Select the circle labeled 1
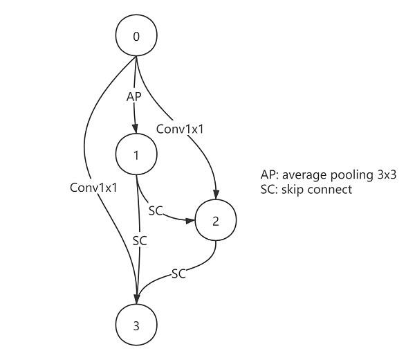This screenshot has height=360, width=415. coord(136,154)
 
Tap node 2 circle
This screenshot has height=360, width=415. coord(216,221)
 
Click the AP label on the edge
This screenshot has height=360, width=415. coord(134,96)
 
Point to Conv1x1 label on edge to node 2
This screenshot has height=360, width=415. coord(178,129)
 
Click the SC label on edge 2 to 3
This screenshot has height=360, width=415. coord(178,273)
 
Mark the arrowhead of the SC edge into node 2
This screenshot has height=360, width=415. coord(190,221)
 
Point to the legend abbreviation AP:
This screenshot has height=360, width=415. coord(266,176)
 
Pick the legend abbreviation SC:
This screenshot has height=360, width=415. coord(265,189)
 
